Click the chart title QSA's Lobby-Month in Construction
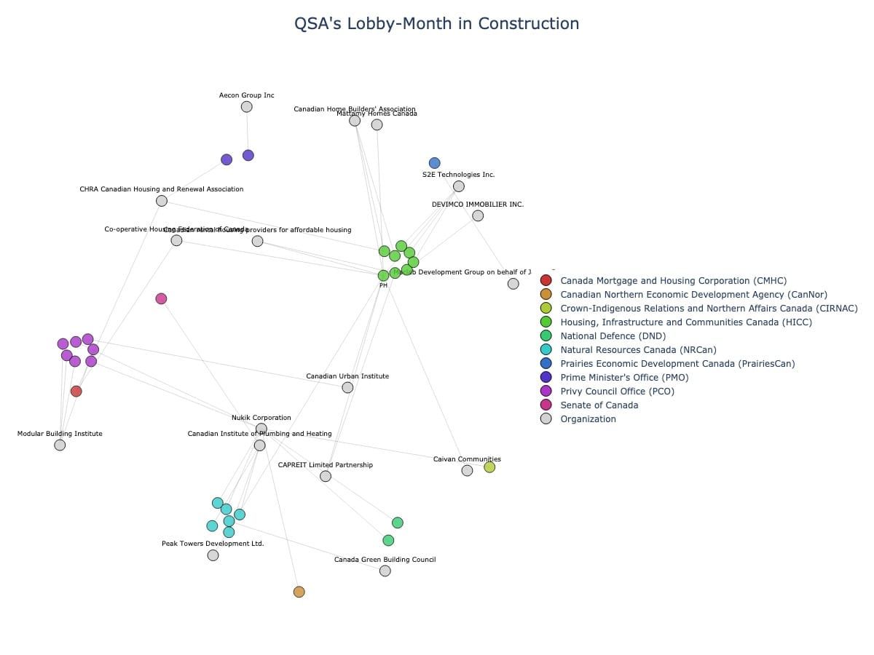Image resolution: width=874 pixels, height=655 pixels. click(436, 23)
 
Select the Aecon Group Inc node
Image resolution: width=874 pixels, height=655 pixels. click(246, 107)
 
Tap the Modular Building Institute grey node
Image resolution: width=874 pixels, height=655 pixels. click(60, 445)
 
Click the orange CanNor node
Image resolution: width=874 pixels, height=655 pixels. click(299, 592)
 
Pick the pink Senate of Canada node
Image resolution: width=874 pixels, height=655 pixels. click(161, 298)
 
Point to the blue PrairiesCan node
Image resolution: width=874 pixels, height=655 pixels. click(435, 163)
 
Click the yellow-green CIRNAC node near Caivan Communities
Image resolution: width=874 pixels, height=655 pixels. click(489, 467)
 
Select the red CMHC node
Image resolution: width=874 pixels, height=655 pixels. click(76, 392)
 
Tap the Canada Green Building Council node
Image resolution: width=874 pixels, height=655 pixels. click(385, 571)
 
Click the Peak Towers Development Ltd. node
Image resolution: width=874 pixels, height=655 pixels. click(213, 555)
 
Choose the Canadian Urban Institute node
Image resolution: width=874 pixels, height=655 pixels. click(347, 387)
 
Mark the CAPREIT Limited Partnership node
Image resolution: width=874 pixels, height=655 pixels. click(326, 476)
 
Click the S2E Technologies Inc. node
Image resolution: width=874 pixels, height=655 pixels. click(459, 186)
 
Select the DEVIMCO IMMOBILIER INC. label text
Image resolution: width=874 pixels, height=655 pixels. click(478, 205)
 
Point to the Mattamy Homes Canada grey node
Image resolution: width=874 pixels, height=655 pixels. click(377, 124)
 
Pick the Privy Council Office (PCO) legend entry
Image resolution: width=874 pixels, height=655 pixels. click(617, 391)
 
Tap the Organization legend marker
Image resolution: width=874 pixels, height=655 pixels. click(546, 418)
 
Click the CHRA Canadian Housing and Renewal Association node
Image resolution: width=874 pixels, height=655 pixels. click(162, 201)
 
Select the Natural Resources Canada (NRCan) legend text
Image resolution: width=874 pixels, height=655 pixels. click(638, 349)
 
